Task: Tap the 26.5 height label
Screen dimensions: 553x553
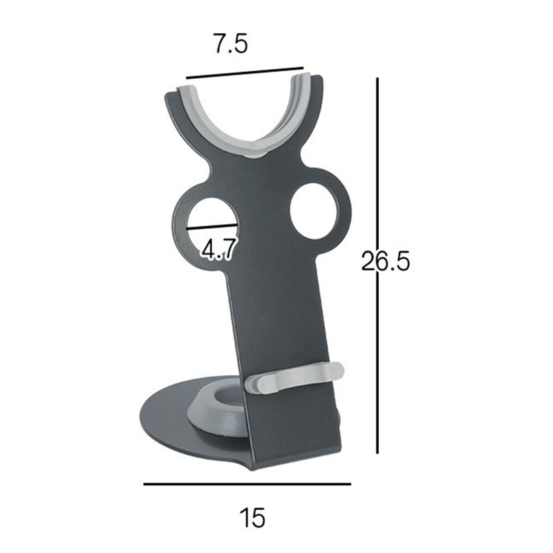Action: [386, 262]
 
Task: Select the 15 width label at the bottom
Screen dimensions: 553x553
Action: [252, 517]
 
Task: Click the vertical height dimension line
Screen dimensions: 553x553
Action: [377, 311]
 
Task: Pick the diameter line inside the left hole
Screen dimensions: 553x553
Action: [212, 225]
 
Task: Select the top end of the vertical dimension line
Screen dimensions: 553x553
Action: [377, 79]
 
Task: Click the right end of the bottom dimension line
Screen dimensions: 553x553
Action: [350, 484]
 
